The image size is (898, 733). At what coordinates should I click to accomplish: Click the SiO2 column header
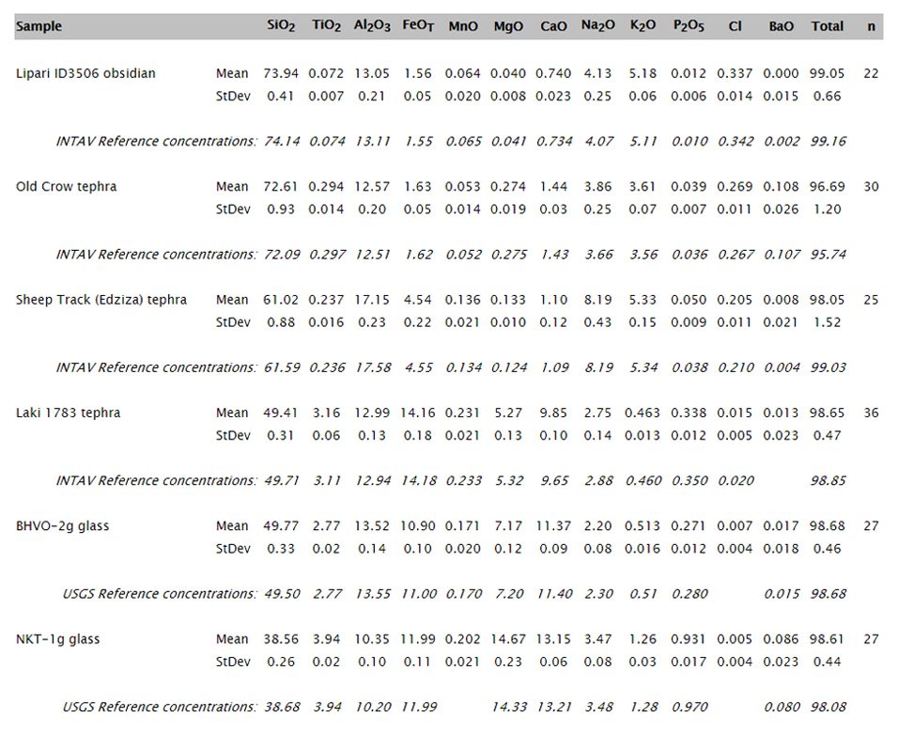coord(281,26)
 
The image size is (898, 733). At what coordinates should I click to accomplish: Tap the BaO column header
coord(782,25)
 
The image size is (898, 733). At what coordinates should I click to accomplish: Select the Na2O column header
coord(598,25)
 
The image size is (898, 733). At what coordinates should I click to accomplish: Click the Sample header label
coord(39,26)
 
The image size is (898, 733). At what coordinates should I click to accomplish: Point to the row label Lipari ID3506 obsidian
coord(85,73)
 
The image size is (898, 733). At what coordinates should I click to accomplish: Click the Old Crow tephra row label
coord(67,186)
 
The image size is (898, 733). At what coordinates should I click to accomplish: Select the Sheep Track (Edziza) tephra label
coord(101,300)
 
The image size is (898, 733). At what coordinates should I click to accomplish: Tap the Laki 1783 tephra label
coord(69,413)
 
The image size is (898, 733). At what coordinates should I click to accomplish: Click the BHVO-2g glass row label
coord(62,526)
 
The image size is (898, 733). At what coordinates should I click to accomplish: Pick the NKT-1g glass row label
coord(58,639)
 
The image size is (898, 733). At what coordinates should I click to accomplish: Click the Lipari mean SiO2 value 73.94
coord(281,73)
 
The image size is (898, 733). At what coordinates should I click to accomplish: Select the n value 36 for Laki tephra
coord(871,413)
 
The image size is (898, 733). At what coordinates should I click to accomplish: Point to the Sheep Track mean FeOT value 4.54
coord(417,300)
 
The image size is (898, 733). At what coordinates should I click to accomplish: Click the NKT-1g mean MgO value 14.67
coord(508,639)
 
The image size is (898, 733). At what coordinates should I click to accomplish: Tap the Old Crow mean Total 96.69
coord(827,186)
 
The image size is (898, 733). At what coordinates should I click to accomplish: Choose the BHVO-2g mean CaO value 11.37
coord(554,526)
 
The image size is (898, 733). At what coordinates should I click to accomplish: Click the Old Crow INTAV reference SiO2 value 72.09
coord(282,255)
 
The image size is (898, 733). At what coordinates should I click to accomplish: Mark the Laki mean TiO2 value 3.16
coord(326,413)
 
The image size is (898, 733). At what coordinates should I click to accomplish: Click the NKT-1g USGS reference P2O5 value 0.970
coord(689,708)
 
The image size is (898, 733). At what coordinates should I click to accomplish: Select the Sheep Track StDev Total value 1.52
coord(827,322)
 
